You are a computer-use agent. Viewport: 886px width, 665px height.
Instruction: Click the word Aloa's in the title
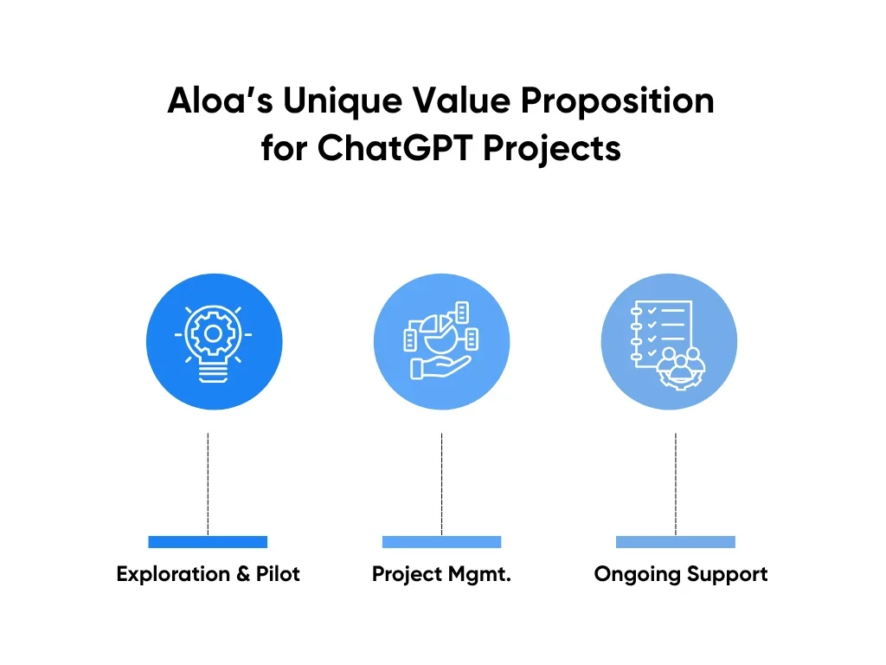click(221, 100)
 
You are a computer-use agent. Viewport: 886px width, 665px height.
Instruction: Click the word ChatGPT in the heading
click(395, 148)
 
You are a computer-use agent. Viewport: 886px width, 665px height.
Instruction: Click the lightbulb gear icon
click(213, 343)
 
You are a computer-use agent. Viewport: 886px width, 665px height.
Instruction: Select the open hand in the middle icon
click(440, 367)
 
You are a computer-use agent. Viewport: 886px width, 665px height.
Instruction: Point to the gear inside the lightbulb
click(213, 333)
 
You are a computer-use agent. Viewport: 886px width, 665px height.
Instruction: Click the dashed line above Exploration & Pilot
click(208, 484)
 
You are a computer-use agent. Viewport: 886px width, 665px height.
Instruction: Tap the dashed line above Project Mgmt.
click(441, 484)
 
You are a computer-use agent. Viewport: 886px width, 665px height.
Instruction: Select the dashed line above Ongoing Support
click(675, 484)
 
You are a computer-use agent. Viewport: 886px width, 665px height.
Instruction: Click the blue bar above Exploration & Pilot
click(208, 542)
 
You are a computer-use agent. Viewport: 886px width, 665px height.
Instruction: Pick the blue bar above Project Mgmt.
click(441, 542)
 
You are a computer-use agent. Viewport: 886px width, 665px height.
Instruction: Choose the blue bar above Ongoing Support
click(675, 542)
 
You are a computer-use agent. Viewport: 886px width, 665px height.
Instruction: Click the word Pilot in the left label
click(278, 573)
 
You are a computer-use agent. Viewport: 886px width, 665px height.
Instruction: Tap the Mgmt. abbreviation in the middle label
click(479, 575)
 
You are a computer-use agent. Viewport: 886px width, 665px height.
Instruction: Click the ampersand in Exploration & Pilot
click(243, 573)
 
